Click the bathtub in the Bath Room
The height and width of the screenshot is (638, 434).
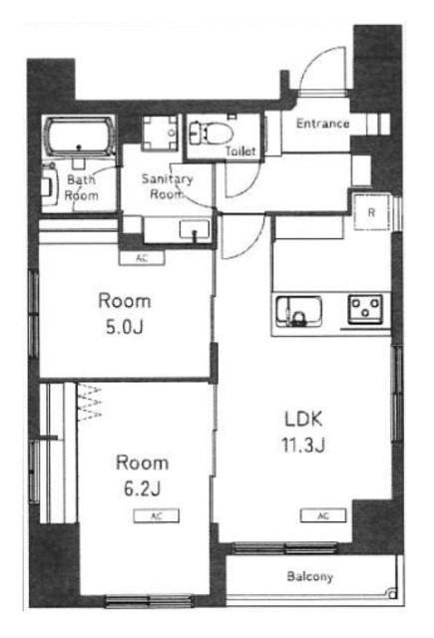coord(80,138)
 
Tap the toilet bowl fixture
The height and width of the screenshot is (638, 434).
coord(212,133)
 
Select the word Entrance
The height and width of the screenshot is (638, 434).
coord(322,124)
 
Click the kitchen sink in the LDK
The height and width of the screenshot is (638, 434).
coord(299,311)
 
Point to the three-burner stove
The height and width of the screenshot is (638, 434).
coord(365,308)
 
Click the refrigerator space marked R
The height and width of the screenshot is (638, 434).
coord(371,212)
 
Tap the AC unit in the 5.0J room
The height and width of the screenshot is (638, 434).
coord(142,258)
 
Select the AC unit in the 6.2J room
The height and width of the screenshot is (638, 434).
coord(157,516)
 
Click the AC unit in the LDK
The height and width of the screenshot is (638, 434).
coord(323,515)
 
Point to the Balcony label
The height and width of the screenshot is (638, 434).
coord(310,576)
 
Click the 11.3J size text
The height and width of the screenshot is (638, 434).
coord(303,445)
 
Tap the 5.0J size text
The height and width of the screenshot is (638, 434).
coord(124,327)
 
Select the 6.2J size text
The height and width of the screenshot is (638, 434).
coord(142,488)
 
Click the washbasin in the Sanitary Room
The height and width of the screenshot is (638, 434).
coord(195,230)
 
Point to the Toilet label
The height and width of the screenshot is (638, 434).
coord(240,151)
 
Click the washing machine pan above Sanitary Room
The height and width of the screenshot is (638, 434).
coord(160,133)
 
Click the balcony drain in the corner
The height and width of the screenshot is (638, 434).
coord(392,594)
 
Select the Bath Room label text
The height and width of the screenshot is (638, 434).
coord(82,187)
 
